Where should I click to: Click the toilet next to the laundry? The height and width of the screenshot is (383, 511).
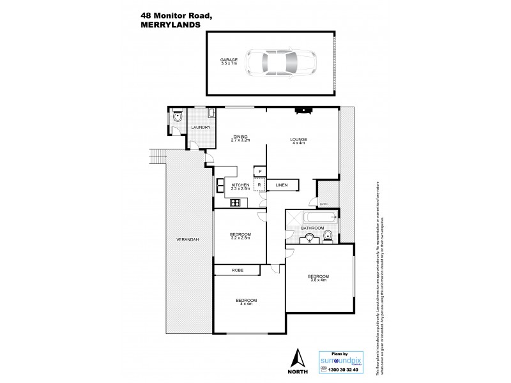178,117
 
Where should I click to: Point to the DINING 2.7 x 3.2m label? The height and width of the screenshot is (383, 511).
241,138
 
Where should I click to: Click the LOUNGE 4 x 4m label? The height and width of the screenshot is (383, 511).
298,141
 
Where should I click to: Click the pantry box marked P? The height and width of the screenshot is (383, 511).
259,171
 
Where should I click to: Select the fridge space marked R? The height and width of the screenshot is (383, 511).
259,186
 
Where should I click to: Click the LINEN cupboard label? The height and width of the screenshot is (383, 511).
282,186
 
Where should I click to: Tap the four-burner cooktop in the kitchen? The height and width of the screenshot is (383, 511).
234,203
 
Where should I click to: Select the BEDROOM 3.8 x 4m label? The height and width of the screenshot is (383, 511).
318,278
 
